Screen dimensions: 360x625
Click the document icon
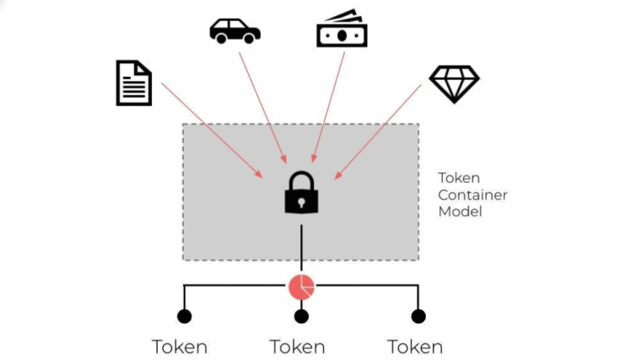click(x=133, y=83)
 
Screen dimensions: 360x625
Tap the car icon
click(x=234, y=30)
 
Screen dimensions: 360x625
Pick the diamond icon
click(x=454, y=83)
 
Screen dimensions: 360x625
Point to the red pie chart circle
click(x=301, y=287)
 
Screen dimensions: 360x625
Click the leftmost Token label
click(x=180, y=347)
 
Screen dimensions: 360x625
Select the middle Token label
click(x=298, y=347)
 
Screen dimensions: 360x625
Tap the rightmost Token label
click(x=415, y=347)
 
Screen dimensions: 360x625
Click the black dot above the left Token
click(x=184, y=316)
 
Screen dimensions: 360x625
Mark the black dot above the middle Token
click(x=301, y=316)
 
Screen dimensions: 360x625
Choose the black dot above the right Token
click(x=418, y=316)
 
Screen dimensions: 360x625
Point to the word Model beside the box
click(x=460, y=212)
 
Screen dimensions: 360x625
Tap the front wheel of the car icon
click(x=251, y=37)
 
